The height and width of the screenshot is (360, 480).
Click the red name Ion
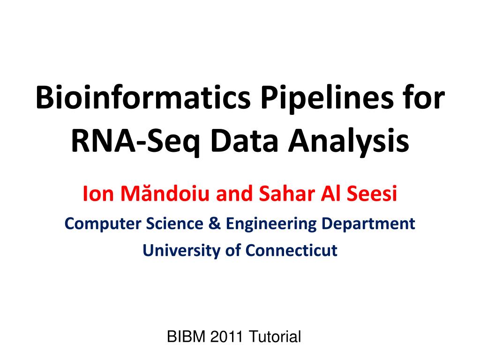pyautogui.click(x=95, y=193)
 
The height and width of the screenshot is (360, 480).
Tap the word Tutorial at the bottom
pyautogui.click(x=275, y=337)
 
